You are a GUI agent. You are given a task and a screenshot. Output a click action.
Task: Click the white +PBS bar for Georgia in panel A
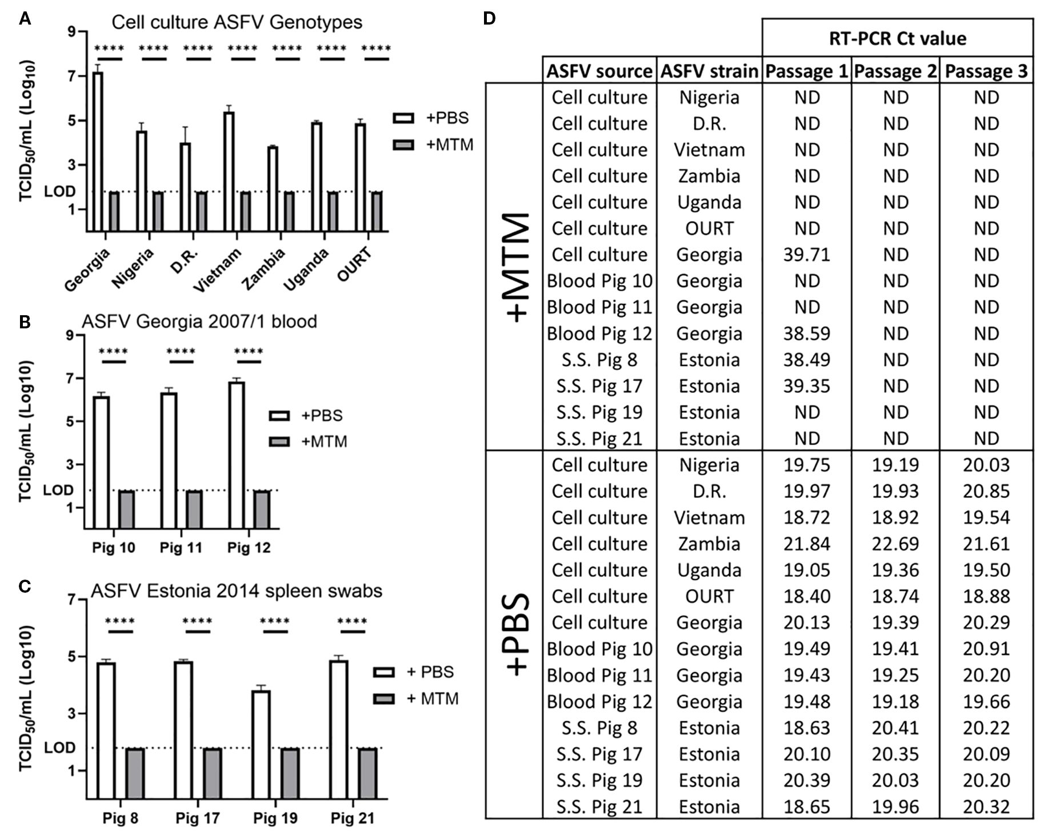point(98,151)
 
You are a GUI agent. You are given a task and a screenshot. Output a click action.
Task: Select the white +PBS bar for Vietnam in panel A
point(229,171)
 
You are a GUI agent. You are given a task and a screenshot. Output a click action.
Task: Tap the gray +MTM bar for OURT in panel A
point(377,211)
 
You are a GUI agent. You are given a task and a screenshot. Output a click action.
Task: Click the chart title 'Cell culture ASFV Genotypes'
point(237,22)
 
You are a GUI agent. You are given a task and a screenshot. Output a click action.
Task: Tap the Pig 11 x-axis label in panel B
point(181,548)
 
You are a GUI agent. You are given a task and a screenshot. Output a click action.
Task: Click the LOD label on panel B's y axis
point(58,491)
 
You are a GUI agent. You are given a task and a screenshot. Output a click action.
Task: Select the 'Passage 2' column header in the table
point(895,71)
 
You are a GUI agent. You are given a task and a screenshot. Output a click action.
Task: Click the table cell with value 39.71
point(806,255)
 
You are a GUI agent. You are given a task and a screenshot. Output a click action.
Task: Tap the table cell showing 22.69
point(895,544)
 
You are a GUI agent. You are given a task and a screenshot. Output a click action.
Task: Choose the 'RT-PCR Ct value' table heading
point(897,38)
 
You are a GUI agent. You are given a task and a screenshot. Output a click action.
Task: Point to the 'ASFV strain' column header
point(709,71)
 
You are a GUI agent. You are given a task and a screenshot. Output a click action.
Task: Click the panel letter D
point(489,19)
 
